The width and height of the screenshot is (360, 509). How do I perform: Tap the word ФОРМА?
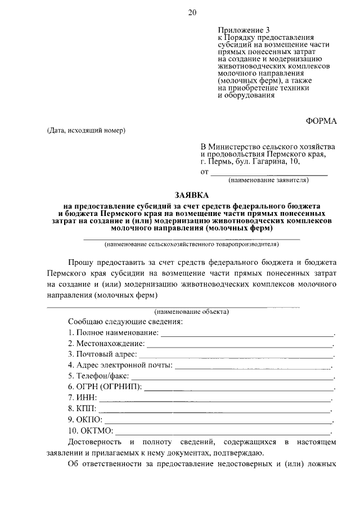[321, 121]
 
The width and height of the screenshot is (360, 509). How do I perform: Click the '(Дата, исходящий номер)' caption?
[86, 131]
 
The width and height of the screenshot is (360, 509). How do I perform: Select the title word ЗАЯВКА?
[191, 195]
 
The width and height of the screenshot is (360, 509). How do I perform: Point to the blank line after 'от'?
[268, 172]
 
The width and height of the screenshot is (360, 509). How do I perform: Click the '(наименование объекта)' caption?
[192, 311]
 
